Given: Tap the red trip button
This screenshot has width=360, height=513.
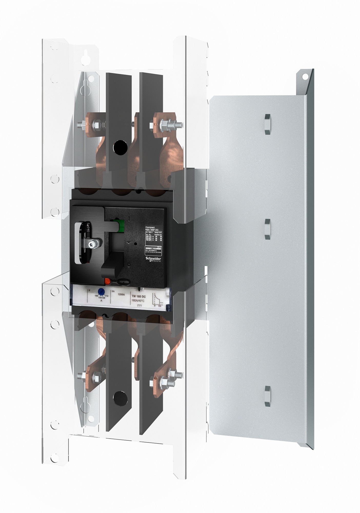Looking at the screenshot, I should pos(108,281).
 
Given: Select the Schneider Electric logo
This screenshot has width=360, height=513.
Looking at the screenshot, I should pos(153,259).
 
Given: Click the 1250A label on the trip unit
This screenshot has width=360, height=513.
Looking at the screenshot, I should pos(121,295).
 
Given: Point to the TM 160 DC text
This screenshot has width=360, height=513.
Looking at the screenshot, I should pos(138,297).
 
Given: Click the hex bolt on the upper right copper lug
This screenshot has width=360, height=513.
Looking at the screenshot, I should pos(164,125).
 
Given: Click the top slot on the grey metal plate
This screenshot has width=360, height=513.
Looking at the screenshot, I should pos(267,124).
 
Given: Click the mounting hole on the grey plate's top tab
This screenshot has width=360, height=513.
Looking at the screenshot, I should pos(305,76).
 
